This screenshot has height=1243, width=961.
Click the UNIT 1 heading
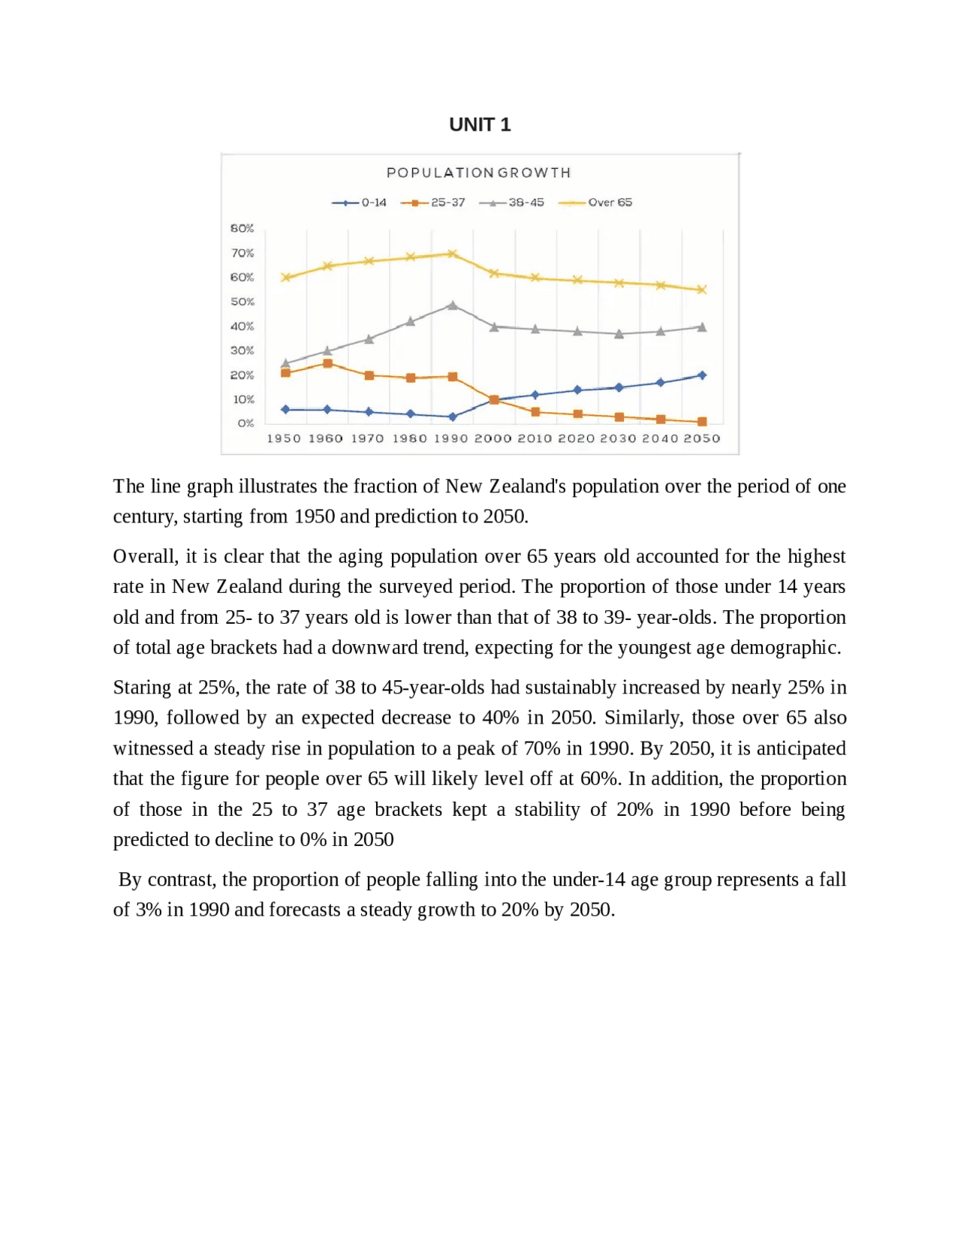(x=480, y=125)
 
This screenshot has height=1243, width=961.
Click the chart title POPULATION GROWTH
(x=478, y=173)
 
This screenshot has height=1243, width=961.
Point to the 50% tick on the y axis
(x=243, y=302)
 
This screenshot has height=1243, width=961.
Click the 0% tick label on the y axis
(x=246, y=423)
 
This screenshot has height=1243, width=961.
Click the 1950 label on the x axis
(x=284, y=438)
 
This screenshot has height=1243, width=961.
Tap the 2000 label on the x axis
(x=493, y=438)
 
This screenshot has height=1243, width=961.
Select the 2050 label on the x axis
(x=701, y=438)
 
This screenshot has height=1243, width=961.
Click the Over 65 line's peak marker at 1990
(x=452, y=254)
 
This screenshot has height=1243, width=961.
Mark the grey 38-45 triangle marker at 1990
(x=452, y=305)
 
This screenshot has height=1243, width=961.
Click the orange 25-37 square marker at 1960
(x=327, y=363)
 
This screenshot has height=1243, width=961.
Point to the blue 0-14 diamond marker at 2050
(x=702, y=375)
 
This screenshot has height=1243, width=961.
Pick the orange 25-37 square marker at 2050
(x=702, y=422)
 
